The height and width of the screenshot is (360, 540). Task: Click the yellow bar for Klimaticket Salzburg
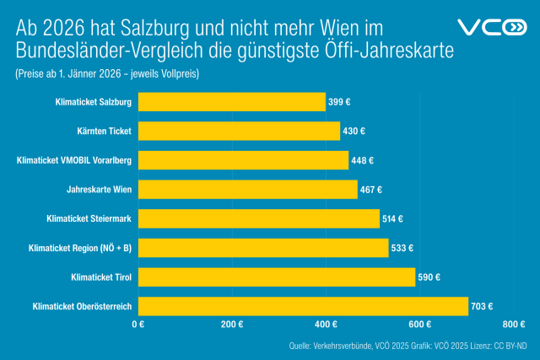[231, 102]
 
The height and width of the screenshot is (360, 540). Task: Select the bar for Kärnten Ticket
[239, 131]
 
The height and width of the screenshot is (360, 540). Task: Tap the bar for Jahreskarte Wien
[247, 190]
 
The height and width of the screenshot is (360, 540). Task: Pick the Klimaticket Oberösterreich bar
[302, 306]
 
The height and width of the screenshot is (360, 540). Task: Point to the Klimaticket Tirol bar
[276, 277]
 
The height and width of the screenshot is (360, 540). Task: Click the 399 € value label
[340, 102]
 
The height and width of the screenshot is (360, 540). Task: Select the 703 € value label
[483, 306]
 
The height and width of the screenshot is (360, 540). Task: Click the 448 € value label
[363, 160]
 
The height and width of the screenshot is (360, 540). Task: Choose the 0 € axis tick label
[138, 324]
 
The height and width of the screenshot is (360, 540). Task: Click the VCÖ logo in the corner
[491, 26]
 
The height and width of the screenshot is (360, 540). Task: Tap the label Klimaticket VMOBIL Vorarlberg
[74, 160]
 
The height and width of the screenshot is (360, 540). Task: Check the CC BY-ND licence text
[510, 346]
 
